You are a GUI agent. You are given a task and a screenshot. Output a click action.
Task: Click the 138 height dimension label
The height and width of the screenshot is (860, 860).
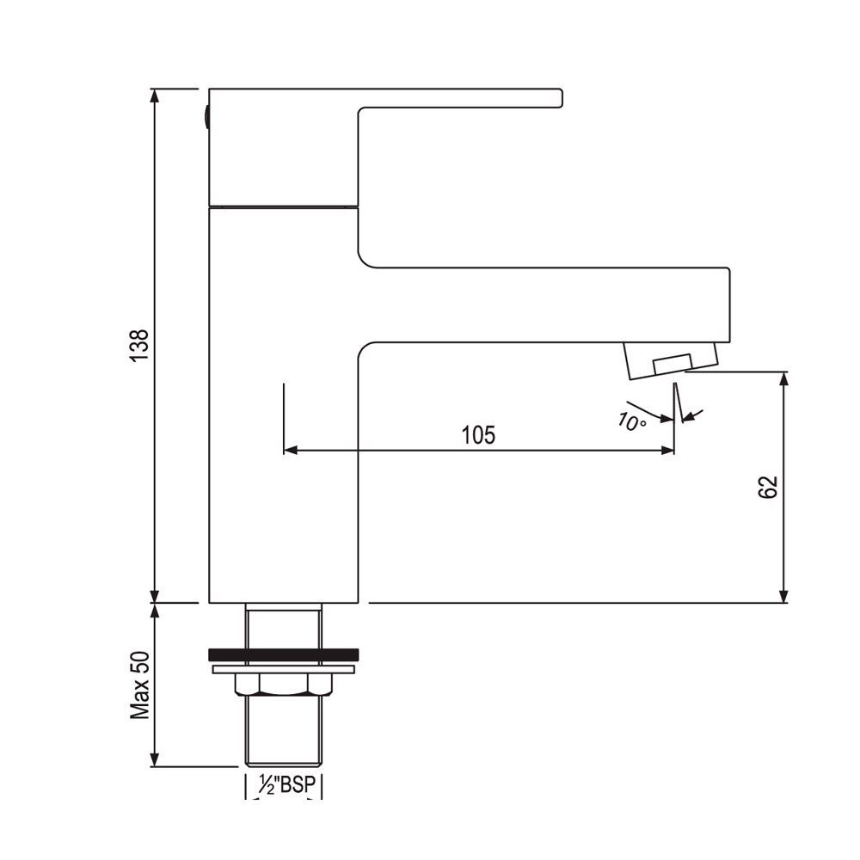[140, 345]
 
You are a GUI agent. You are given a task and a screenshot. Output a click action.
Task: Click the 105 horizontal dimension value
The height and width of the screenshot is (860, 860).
[478, 435]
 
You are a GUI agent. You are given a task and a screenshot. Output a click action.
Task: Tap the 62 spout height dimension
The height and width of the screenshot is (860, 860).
[769, 487]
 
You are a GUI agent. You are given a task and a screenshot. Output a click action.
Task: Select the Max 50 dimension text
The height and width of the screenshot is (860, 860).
[140, 685]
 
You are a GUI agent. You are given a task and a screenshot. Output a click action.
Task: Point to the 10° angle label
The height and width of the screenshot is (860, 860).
[632, 421]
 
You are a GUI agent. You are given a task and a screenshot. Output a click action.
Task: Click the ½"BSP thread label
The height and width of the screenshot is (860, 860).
[284, 785]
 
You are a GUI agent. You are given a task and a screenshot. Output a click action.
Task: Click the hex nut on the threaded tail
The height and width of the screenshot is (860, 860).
[284, 684]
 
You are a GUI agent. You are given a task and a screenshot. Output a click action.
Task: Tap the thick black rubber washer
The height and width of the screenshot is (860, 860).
[284, 654]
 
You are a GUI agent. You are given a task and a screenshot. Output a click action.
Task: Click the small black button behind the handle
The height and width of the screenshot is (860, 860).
[206, 115]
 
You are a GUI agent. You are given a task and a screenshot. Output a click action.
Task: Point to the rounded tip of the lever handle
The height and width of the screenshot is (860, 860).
[559, 98]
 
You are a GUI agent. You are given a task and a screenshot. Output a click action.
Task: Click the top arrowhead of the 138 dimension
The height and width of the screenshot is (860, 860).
[155, 95]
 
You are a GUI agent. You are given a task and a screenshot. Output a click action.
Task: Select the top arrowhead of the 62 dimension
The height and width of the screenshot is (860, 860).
[783, 378]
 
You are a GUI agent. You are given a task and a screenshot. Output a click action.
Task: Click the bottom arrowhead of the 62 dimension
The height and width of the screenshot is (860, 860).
[783, 596]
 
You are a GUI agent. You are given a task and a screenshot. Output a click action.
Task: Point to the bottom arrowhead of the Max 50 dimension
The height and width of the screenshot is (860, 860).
[155, 759]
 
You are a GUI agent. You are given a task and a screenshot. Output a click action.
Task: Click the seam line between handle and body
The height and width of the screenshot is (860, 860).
[284, 206]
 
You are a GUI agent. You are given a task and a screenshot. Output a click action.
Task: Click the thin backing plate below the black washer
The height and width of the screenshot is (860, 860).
[284, 667]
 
